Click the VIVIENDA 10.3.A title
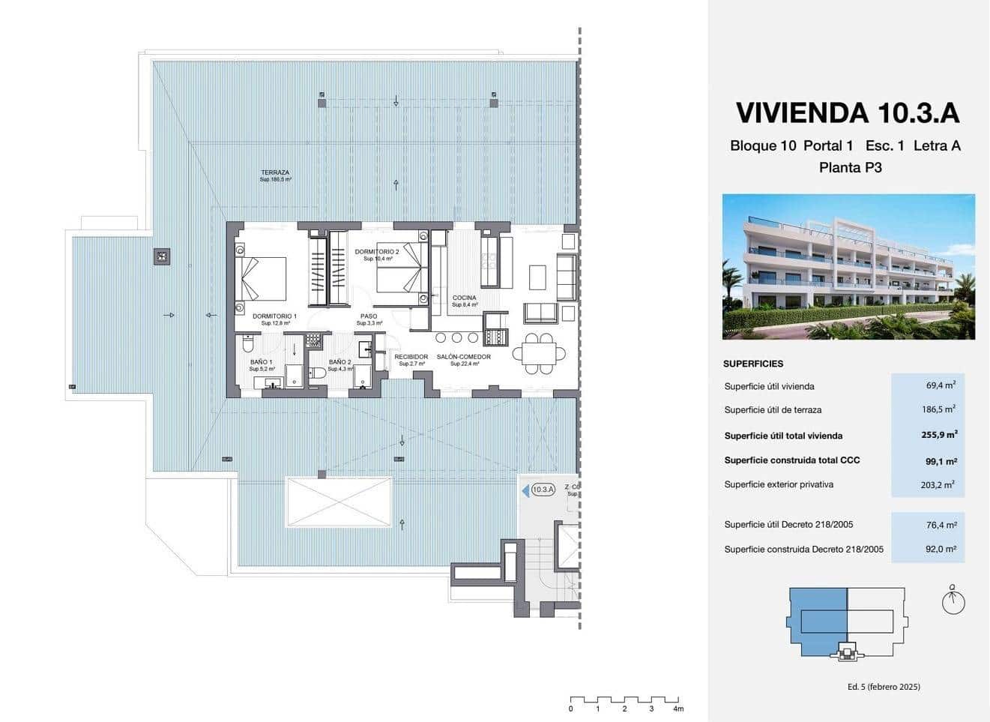(848, 112)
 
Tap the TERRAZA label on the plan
(275, 173)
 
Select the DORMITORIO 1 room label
(274, 316)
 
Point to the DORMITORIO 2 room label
(377, 252)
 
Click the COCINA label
(464, 298)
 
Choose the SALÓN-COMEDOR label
(464, 357)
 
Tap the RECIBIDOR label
(411, 357)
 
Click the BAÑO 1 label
(262, 362)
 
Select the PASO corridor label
(369, 316)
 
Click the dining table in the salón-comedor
(540, 352)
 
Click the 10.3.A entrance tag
(542, 490)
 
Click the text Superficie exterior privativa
(779, 484)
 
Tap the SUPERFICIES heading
(753, 364)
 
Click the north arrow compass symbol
(953, 601)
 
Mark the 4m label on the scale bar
(678, 709)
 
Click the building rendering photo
(848, 266)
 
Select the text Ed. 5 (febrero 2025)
(883, 687)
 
